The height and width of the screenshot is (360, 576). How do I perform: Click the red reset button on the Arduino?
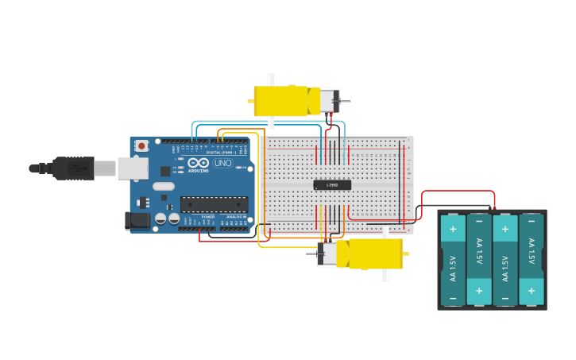coord(141,145)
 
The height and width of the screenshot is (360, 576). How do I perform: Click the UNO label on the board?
coord(223,163)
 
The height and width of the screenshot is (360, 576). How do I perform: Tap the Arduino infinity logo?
coord(199,162)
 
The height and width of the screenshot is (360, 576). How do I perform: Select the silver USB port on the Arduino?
coord(133,168)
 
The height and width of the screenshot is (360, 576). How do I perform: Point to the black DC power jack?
coord(137,220)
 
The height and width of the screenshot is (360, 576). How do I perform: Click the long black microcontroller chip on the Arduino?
coord(214,204)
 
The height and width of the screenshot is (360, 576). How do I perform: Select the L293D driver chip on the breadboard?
coord(332,185)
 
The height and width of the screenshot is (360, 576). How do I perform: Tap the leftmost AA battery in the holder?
coord(453,260)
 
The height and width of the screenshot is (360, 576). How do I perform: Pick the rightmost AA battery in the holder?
coord(531,260)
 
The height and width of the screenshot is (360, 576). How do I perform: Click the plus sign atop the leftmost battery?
coord(453,229)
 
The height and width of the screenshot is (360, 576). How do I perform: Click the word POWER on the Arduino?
coord(208,216)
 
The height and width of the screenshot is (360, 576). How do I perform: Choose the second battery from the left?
coord(479,260)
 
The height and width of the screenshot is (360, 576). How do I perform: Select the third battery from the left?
coord(505,260)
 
